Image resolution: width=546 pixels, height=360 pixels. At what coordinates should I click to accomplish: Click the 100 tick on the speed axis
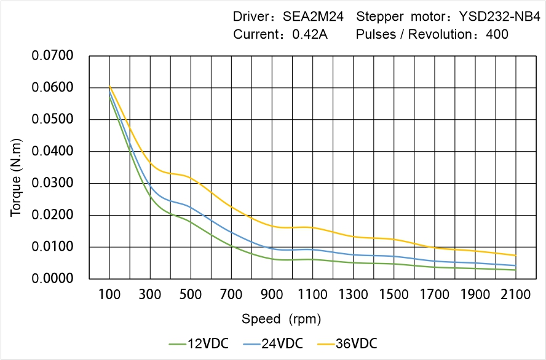[x=109, y=295]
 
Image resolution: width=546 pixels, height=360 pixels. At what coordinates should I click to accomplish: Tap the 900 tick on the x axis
[x=272, y=295]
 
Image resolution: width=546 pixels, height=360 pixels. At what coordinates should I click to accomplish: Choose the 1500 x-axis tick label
[x=394, y=295]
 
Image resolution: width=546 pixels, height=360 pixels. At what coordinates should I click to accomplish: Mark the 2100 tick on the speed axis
[x=516, y=295]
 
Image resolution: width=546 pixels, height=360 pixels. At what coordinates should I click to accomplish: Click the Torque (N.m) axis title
[x=17, y=167]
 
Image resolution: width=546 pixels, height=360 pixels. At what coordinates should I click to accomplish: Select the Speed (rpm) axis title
[x=281, y=319]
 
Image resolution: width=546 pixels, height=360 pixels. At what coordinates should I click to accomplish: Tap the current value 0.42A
[x=310, y=34]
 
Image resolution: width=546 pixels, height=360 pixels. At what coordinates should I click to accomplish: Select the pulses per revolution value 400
[x=497, y=34]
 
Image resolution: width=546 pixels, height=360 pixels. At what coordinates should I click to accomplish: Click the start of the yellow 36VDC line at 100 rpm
[x=109, y=86]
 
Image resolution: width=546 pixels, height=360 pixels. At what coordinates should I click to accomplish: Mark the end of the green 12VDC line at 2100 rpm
[x=516, y=270]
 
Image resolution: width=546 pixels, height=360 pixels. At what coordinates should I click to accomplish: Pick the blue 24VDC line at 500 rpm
[x=191, y=207]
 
